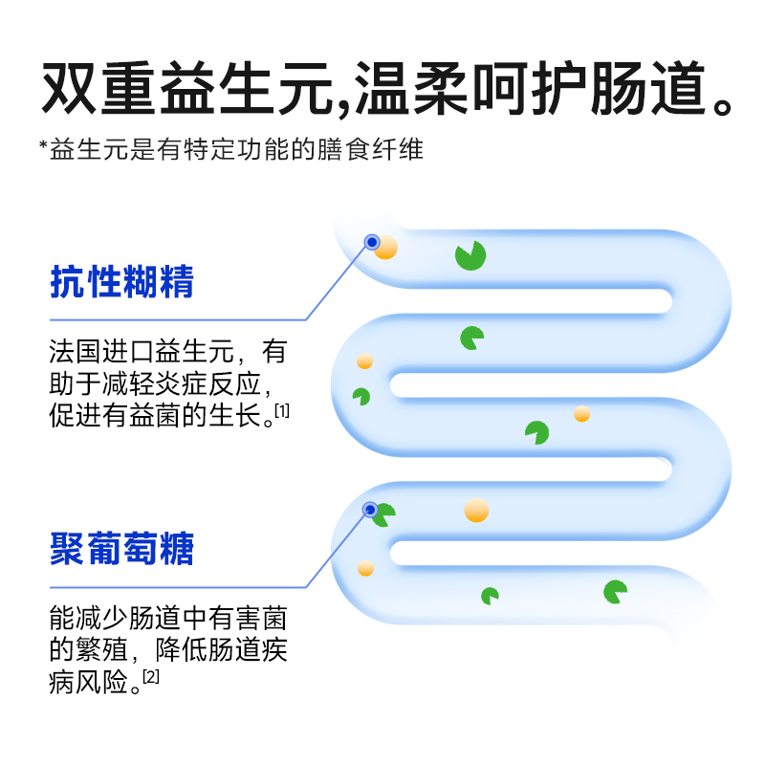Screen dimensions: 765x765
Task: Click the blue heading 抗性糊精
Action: point(121,283)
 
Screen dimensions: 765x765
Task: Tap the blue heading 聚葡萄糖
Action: point(121,550)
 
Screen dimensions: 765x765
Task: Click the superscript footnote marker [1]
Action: point(282,410)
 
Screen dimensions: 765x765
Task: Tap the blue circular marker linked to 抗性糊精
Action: point(371,242)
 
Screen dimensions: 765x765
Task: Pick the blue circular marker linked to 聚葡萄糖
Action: point(370,509)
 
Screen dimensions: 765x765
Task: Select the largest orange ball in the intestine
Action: point(476,510)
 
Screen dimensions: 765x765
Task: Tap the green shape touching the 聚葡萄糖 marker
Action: point(384,515)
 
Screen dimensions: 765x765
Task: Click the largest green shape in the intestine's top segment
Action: point(470,255)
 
